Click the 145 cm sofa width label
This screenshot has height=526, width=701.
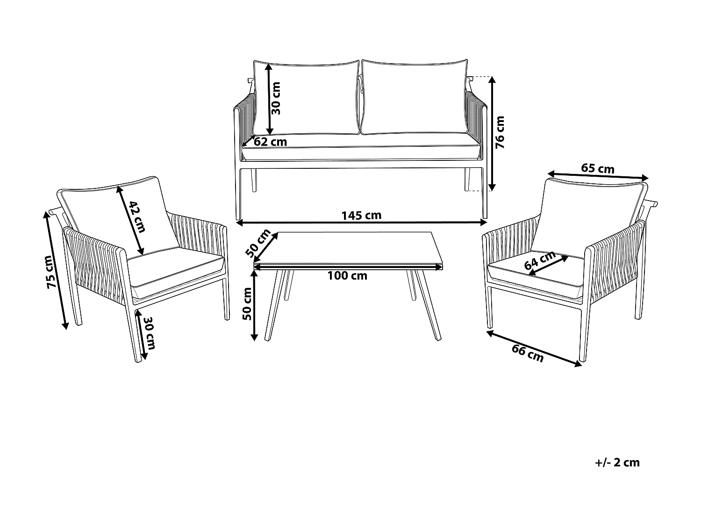[361, 215]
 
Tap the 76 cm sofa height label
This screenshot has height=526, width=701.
[501, 132]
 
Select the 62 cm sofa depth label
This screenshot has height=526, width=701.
[271, 141]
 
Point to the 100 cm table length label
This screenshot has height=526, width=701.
[347, 276]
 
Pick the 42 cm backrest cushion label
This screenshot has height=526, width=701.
[137, 216]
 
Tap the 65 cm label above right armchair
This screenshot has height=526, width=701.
[598, 168]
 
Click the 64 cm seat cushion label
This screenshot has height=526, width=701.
[540, 260]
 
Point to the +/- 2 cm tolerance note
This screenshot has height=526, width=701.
[617, 462]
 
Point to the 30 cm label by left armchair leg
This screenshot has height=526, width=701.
[149, 333]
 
